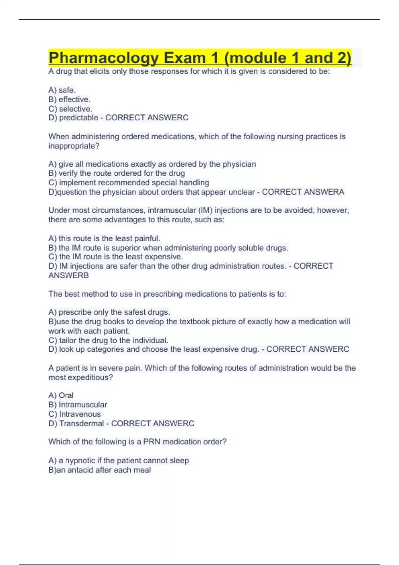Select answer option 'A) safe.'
pos(62,90)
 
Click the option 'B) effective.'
pos(69,99)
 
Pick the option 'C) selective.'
pos(70,109)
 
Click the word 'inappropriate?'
pos(74,146)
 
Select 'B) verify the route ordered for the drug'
pos(116,173)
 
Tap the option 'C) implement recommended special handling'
pos(129,182)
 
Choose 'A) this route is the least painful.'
pos(104,238)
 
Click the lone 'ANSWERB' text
pos(68,275)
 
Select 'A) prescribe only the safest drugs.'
pos(109,312)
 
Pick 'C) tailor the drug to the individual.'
pos(108,340)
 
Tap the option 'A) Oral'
pos(61,395)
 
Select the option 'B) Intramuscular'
pos(78,404)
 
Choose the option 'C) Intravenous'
pos(74,414)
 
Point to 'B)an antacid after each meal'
pos(99,470)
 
